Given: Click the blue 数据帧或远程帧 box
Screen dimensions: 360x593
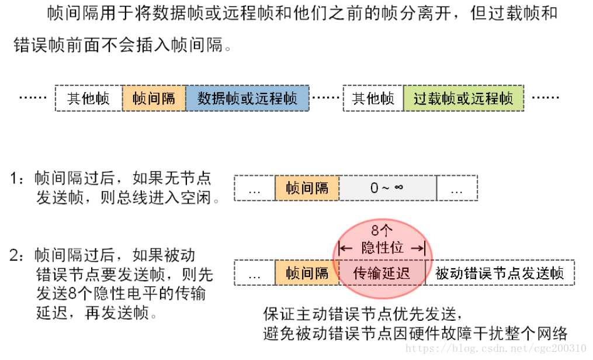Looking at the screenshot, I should (247, 98).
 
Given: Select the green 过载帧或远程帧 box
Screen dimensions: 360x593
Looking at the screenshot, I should (463, 98).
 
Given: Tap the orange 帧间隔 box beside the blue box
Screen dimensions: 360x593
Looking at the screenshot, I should (154, 98).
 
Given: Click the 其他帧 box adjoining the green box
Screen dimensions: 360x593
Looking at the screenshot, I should (373, 98).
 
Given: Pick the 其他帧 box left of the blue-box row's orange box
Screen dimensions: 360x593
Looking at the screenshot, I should (89, 98).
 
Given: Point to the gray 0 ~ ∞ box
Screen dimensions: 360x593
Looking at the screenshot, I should (387, 188).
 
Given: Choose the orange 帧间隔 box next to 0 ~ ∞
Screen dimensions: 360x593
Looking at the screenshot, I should (307, 188).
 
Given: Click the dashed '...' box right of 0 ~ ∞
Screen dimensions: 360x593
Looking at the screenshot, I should (457, 188).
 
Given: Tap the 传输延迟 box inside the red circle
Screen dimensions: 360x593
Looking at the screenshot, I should (382, 273).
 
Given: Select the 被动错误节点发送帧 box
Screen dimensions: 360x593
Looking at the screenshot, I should (500, 273).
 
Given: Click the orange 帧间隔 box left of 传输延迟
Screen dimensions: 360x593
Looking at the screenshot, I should (307, 273).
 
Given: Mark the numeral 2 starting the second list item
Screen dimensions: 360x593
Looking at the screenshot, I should (16, 255).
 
